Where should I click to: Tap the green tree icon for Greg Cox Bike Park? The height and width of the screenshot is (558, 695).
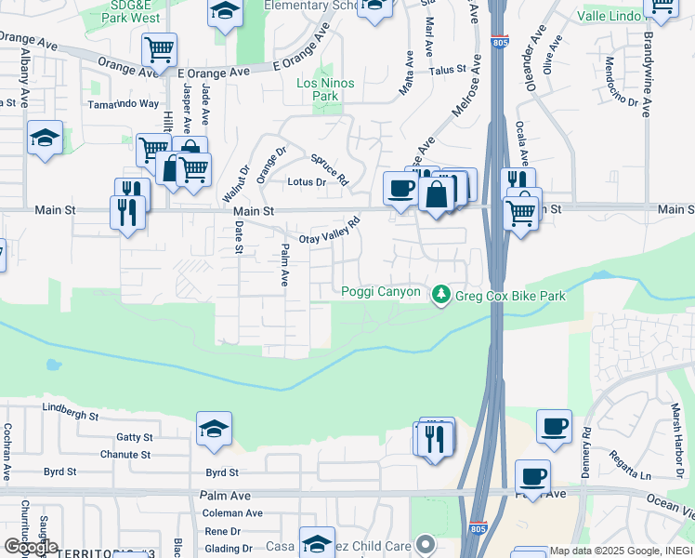439,294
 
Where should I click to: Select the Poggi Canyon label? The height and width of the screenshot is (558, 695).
381,292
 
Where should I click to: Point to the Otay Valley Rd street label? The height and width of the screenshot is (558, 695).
329,233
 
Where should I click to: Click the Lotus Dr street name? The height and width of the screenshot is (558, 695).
307,182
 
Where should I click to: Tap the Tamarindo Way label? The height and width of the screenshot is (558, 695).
123,105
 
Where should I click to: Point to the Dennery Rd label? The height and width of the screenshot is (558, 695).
586,446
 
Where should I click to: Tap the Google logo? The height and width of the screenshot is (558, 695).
30,547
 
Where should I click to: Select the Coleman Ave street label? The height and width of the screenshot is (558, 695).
232,512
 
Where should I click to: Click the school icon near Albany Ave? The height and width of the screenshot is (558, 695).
45,139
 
